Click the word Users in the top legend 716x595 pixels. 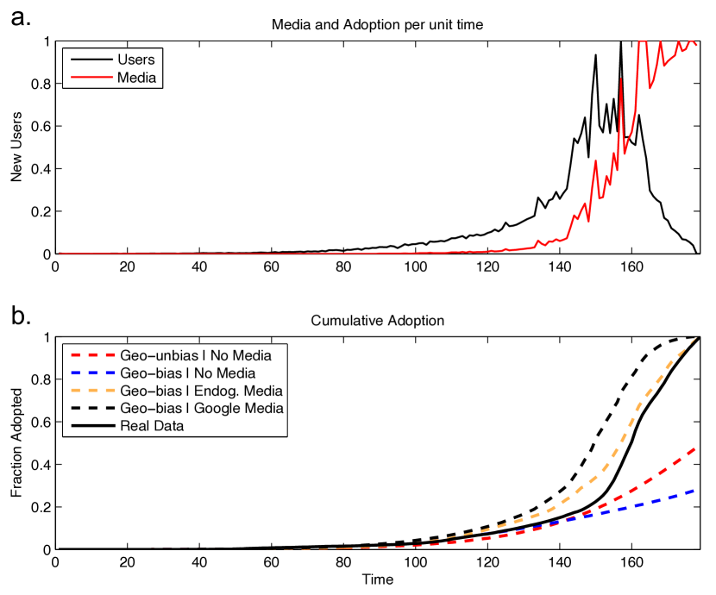tap(135, 60)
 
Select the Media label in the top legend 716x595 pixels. tap(136, 78)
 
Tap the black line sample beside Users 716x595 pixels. tap(90, 60)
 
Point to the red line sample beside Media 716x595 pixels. tap(90, 78)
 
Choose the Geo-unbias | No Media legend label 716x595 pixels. tap(196, 355)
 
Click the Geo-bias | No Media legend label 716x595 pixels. tap(187, 373)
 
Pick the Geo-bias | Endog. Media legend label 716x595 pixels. tap(201, 391)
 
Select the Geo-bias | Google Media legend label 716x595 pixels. tap(201, 408)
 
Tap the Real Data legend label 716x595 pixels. tap(152, 425)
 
